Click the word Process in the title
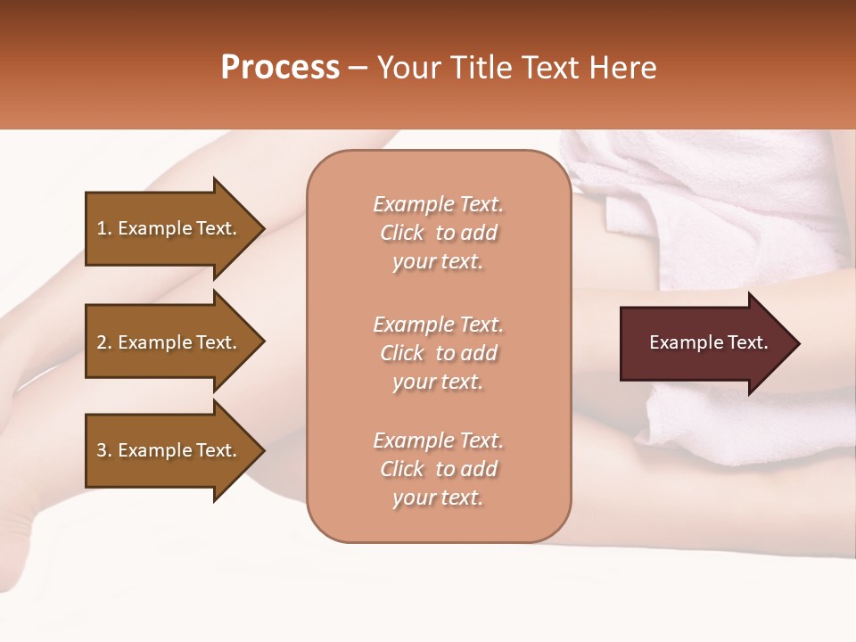coord(280,68)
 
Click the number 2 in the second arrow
coord(102,342)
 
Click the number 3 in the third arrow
coord(102,450)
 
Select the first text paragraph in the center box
coord(438,233)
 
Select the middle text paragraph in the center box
coord(438,353)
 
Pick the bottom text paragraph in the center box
coord(438,469)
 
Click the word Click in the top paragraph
coord(402,233)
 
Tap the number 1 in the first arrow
coord(101,228)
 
